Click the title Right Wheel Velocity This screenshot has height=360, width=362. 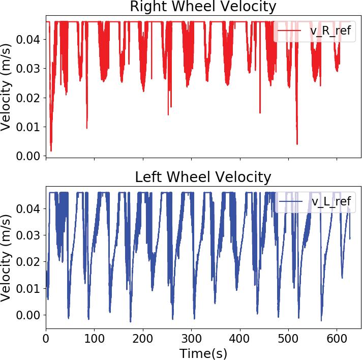coord(203,7)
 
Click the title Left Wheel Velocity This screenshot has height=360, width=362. coord(203,177)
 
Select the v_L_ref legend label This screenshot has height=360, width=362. coord(331,202)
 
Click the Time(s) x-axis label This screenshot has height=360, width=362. coord(203,352)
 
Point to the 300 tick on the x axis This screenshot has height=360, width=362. coord(192,338)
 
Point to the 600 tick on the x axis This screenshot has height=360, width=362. coord(337,338)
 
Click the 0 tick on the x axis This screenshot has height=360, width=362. coord(46,338)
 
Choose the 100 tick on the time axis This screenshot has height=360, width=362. coord(95,338)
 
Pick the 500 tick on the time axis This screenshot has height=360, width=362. coord(289,338)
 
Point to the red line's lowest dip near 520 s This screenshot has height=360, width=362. coord(297,144)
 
